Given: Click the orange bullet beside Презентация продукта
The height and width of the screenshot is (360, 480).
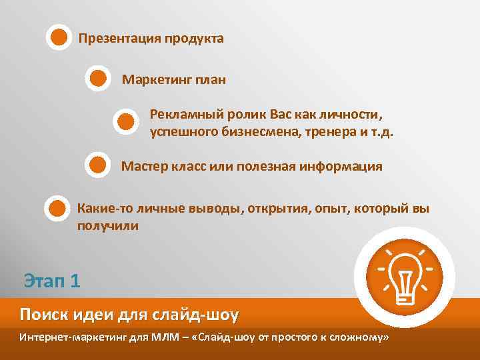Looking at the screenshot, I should click(59, 37).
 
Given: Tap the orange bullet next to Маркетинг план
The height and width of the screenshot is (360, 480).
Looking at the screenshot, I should click(98, 79).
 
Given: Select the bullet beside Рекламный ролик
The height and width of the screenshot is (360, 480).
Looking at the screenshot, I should click(125, 121).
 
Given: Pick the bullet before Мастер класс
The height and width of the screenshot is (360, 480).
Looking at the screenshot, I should click(98, 164).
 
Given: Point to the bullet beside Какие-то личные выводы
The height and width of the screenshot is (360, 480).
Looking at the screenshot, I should click(57, 208).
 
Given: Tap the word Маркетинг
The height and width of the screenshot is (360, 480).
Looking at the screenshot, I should click(155, 80).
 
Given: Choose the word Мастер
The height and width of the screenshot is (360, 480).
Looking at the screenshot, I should click(142, 166).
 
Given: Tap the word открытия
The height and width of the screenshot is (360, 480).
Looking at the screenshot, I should click(278, 209).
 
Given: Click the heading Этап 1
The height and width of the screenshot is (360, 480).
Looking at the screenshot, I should click(52, 280).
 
